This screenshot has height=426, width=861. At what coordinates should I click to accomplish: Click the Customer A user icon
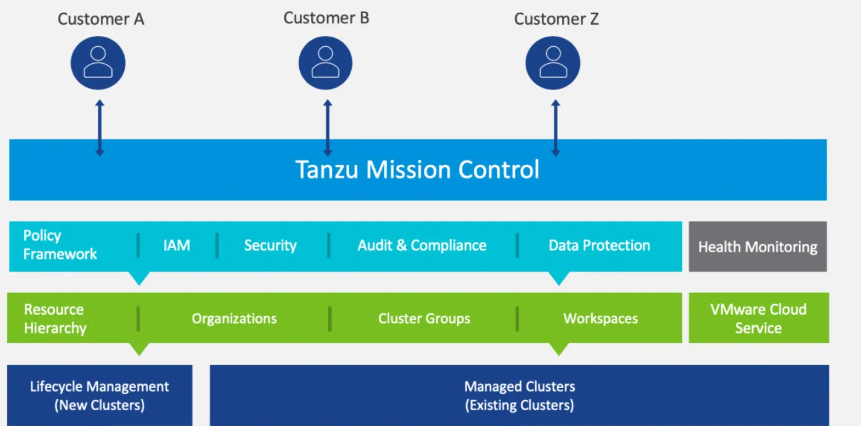pos(98,63)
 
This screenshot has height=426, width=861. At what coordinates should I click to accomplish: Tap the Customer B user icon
pos(326,63)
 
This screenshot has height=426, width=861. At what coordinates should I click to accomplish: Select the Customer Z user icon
pos(553,63)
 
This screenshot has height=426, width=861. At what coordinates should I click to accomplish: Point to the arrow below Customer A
pos(100,128)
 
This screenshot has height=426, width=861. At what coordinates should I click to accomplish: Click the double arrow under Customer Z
pos(556,128)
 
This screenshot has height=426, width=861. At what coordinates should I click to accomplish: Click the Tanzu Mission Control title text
pos(417,170)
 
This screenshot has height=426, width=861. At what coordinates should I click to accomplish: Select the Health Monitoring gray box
pos(757,247)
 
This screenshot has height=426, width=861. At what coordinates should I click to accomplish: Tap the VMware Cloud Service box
pos(758,318)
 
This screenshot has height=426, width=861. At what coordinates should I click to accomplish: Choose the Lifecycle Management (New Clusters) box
pos(99,395)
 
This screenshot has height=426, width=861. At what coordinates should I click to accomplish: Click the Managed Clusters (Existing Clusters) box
pos(519,395)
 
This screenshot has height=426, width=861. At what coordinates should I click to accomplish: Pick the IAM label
pos(176,245)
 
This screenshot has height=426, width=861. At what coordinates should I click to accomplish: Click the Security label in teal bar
pos(270,245)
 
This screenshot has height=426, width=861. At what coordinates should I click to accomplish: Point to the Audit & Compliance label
pos(421,245)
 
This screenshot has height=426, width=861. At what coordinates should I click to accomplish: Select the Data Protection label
pos(599,245)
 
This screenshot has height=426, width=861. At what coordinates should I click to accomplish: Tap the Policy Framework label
pos(60,245)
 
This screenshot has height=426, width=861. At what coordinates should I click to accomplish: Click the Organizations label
pos(234,318)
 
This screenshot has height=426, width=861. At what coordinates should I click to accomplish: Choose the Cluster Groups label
pos(424,318)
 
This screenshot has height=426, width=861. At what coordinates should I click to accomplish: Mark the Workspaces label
pos(600,318)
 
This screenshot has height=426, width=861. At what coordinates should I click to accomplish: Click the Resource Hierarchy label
pos(55,319)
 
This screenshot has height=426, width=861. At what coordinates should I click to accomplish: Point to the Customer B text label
pos(326,18)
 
